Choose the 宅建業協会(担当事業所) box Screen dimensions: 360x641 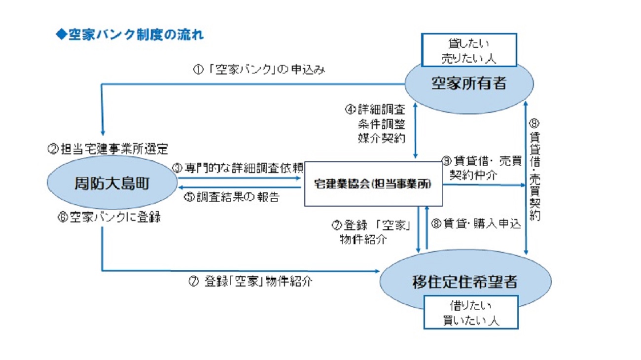pyautogui.click(x=373, y=184)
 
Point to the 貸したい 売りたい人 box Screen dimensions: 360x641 pyautogui.click(x=469, y=50)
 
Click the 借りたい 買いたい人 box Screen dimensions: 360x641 pyautogui.click(x=470, y=312)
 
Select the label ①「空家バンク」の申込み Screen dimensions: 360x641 pyautogui.click(x=258, y=70)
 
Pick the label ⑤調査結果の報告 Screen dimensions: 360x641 pyautogui.click(x=231, y=198)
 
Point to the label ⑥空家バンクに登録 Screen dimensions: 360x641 pyautogui.click(x=109, y=217)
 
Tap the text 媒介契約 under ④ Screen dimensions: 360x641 pyautogui.click(x=381, y=139)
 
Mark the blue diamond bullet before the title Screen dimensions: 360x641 pyautogui.click(x=61, y=35)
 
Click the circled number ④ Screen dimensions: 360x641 pyautogui.click(x=350, y=108)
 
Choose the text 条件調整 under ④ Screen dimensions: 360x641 pyautogui.click(x=381, y=124)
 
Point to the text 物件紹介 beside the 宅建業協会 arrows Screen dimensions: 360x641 pyautogui.click(x=363, y=240)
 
